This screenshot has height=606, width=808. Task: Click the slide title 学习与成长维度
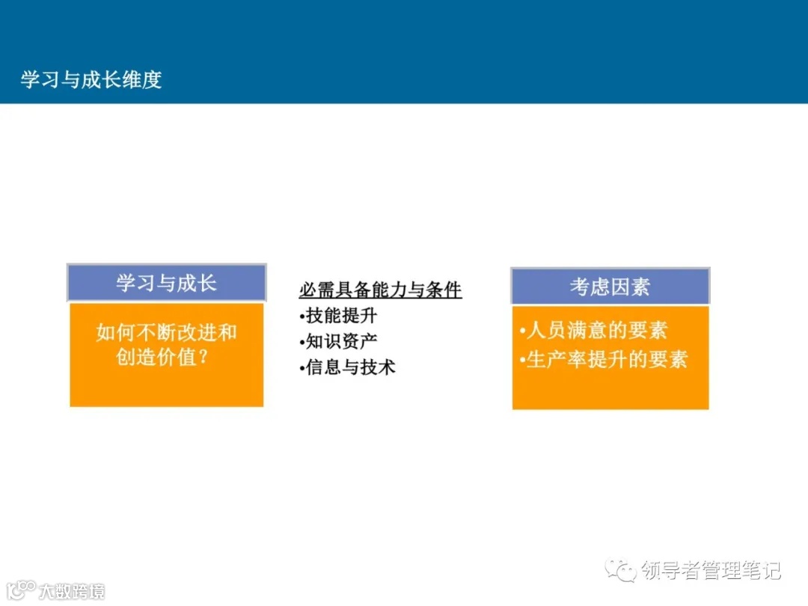tap(91, 80)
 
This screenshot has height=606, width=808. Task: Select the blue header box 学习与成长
tap(166, 283)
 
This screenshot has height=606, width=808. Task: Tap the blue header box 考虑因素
tap(610, 287)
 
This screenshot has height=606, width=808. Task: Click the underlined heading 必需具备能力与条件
tap(380, 290)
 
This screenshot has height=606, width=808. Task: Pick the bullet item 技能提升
tap(341, 316)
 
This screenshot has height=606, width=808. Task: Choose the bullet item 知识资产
tap(341, 342)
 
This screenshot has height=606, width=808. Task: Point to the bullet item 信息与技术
tap(350, 367)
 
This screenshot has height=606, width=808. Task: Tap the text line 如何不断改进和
tap(166, 332)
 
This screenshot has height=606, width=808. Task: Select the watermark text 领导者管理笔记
tap(711, 571)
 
